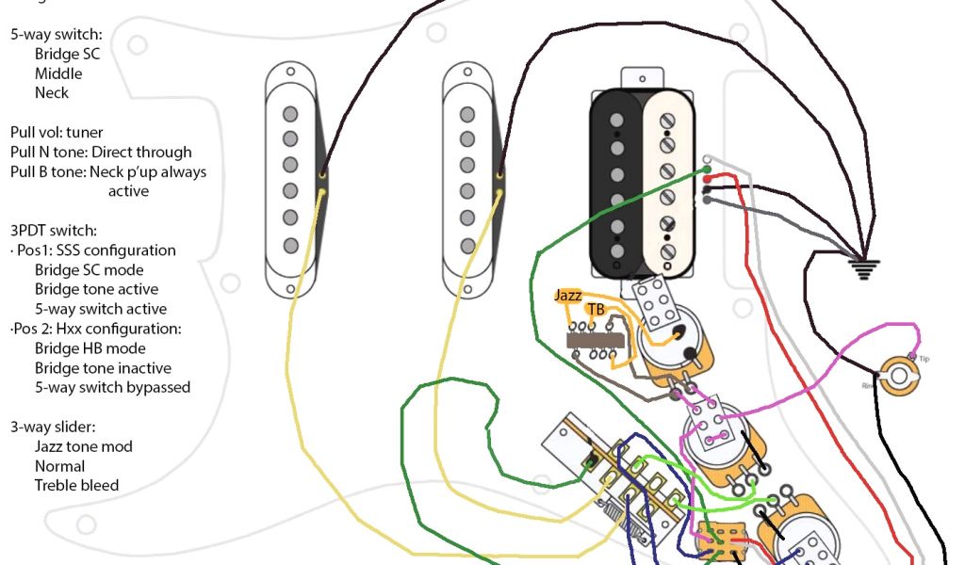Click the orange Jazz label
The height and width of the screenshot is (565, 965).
pyautogui.click(x=568, y=295)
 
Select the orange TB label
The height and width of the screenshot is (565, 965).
pyautogui.click(x=596, y=309)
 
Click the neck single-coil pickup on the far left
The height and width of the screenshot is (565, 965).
pyautogui.click(x=290, y=180)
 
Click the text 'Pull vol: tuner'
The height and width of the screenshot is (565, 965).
pyautogui.click(x=57, y=133)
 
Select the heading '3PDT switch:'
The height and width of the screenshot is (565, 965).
pyautogui.click(x=54, y=231)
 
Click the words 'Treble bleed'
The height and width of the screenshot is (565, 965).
pyautogui.click(x=76, y=486)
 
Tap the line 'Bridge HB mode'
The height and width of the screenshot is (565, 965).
pyautogui.click(x=90, y=348)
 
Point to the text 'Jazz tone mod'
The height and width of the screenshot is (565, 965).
pyautogui.click(x=84, y=446)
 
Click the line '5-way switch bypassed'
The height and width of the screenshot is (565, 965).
pyautogui.click(x=112, y=387)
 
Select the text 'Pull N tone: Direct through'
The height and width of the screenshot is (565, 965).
pyautogui.click(x=101, y=153)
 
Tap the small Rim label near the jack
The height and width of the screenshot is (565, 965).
pyautogui.click(x=866, y=384)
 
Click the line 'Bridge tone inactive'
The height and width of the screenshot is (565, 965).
pyautogui.click(x=103, y=368)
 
